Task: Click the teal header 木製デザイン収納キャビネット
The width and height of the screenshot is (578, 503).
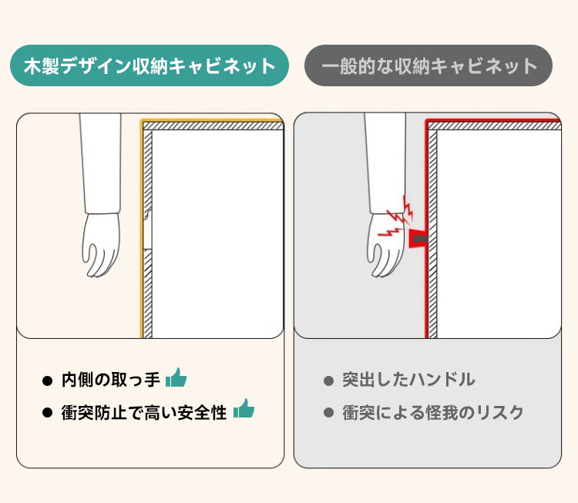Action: point(150,65)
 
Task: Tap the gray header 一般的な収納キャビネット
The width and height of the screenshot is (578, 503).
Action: point(428,65)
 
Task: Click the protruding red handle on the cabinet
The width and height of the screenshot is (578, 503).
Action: point(418,239)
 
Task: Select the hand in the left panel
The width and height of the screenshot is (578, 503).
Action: point(101,244)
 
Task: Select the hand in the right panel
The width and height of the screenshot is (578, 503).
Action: point(385,245)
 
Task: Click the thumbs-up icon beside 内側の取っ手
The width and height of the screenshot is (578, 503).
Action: point(176,377)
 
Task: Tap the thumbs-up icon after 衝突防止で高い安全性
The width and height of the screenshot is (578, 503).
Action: point(244,408)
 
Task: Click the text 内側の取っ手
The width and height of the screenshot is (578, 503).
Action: point(110,380)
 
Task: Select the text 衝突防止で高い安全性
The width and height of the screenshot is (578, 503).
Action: point(144,412)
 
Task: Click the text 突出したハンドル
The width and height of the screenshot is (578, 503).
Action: point(408,380)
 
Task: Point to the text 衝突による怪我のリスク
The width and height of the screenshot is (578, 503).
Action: point(433,412)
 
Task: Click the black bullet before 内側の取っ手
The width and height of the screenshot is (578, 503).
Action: point(48,381)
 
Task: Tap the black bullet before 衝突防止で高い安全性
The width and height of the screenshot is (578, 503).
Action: point(48,413)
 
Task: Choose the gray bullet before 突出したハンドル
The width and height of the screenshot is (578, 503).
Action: point(328,381)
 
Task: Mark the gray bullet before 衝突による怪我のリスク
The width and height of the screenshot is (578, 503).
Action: point(328,413)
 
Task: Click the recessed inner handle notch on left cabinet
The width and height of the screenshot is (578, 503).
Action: point(148,230)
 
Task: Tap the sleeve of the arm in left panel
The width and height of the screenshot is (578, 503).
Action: point(101,163)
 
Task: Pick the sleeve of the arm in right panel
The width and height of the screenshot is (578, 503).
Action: point(385,163)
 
